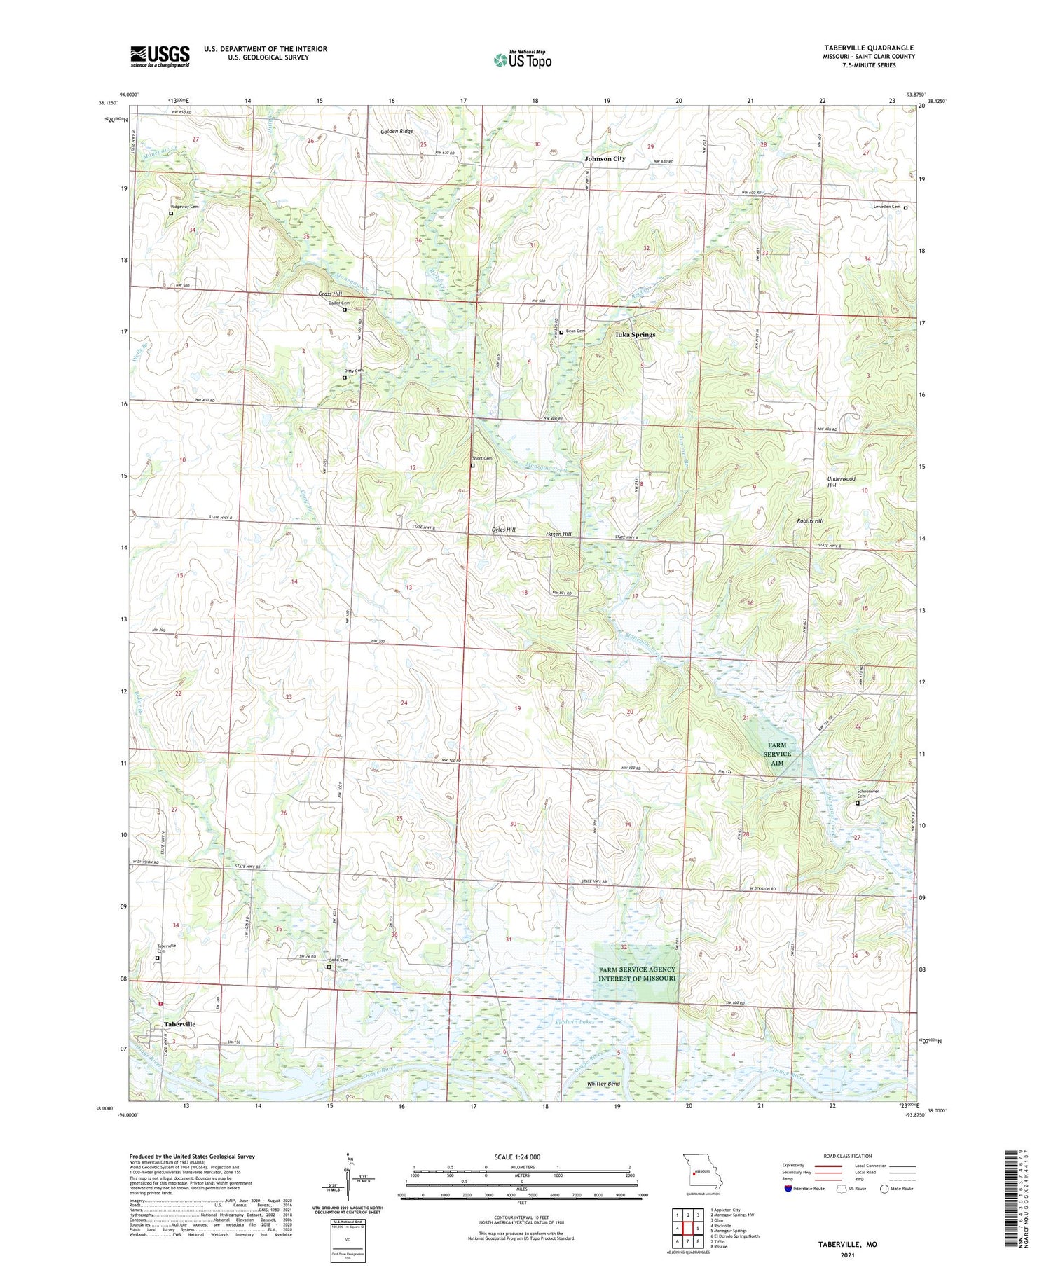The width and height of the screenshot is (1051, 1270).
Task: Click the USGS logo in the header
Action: [x=160, y=56]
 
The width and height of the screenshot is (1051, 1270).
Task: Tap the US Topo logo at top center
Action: [x=522, y=60]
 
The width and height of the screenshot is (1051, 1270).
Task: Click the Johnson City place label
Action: [x=605, y=159]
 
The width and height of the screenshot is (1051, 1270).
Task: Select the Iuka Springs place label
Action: [x=635, y=335]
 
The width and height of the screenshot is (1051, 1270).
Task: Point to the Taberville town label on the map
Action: [x=179, y=1024]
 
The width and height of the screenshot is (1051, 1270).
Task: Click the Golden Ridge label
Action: [x=397, y=131]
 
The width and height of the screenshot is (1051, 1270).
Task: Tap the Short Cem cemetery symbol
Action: [x=472, y=465]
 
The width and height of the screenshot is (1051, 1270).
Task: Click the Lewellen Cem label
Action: [x=886, y=207]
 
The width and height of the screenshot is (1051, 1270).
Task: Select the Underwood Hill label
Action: [x=841, y=482]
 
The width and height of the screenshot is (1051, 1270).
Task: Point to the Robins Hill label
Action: [x=809, y=521]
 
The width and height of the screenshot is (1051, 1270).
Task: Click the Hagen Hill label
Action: [x=558, y=534]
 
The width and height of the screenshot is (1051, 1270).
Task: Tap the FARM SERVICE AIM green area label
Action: [x=777, y=754]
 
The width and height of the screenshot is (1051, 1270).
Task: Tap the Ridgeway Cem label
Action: [x=184, y=207]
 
